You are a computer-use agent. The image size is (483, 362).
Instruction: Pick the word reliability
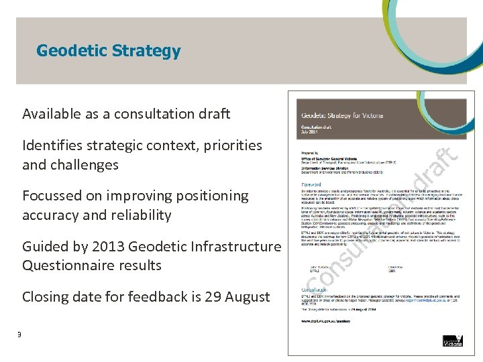coord(140,215)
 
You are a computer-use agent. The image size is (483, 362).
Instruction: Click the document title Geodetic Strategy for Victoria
coord(342,115)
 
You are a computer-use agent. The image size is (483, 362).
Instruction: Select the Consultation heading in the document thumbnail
coord(313,290)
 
